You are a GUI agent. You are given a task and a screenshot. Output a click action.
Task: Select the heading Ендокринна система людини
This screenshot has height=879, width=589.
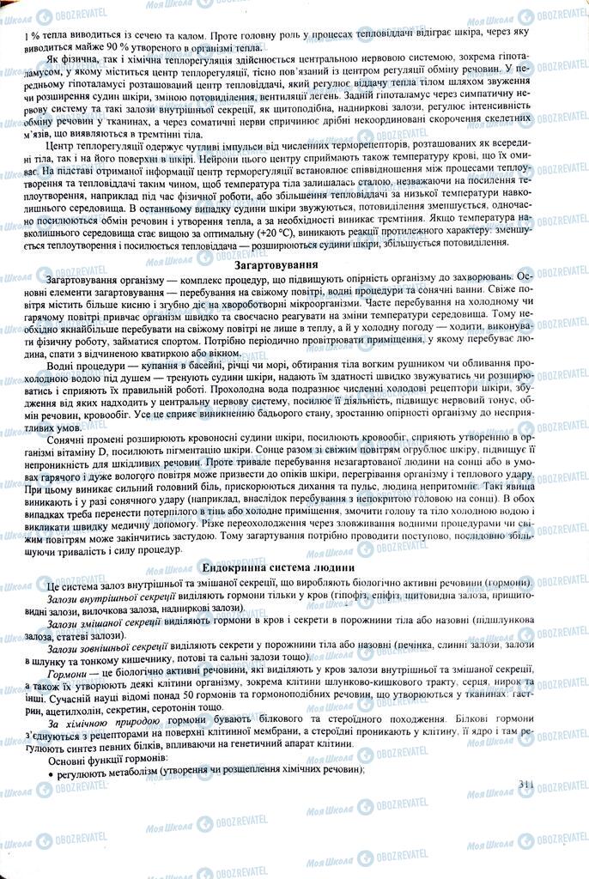(x=278, y=568)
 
